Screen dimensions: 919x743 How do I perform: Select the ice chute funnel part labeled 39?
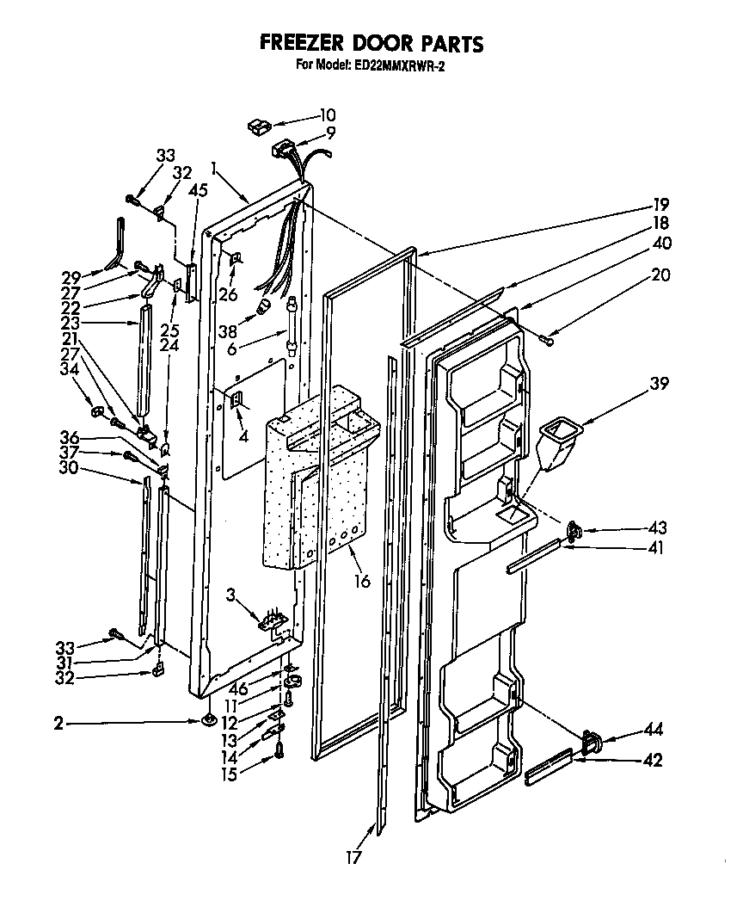(x=556, y=441)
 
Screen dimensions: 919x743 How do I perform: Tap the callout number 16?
(x=362, y=582)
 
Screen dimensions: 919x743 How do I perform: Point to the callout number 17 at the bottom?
(x=353, y=857)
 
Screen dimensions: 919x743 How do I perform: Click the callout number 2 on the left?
(x=58, y=724)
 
